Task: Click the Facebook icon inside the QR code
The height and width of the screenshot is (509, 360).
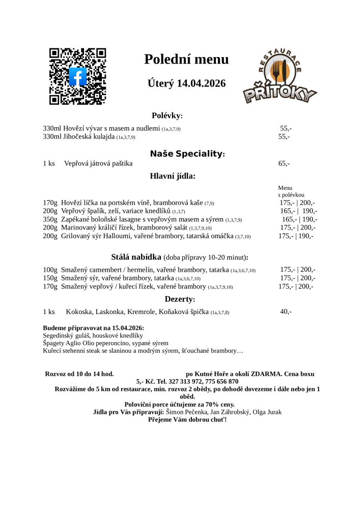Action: coord(77,77)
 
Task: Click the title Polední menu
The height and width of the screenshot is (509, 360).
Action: coord(186,60)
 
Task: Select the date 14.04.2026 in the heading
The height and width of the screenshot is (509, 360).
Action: coord(201,83)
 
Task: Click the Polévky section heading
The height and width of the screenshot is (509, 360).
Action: coord(167,116)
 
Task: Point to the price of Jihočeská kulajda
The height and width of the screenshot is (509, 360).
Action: coord(284,137)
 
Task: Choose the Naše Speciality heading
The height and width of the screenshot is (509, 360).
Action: coord(187,154)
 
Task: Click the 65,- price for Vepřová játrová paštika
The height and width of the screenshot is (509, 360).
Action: coord(284,164)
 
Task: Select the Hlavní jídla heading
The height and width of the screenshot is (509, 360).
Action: coord(173,176)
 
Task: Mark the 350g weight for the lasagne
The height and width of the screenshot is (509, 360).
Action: coord(50,219)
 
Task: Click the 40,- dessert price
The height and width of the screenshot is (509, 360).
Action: coord(286,312)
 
